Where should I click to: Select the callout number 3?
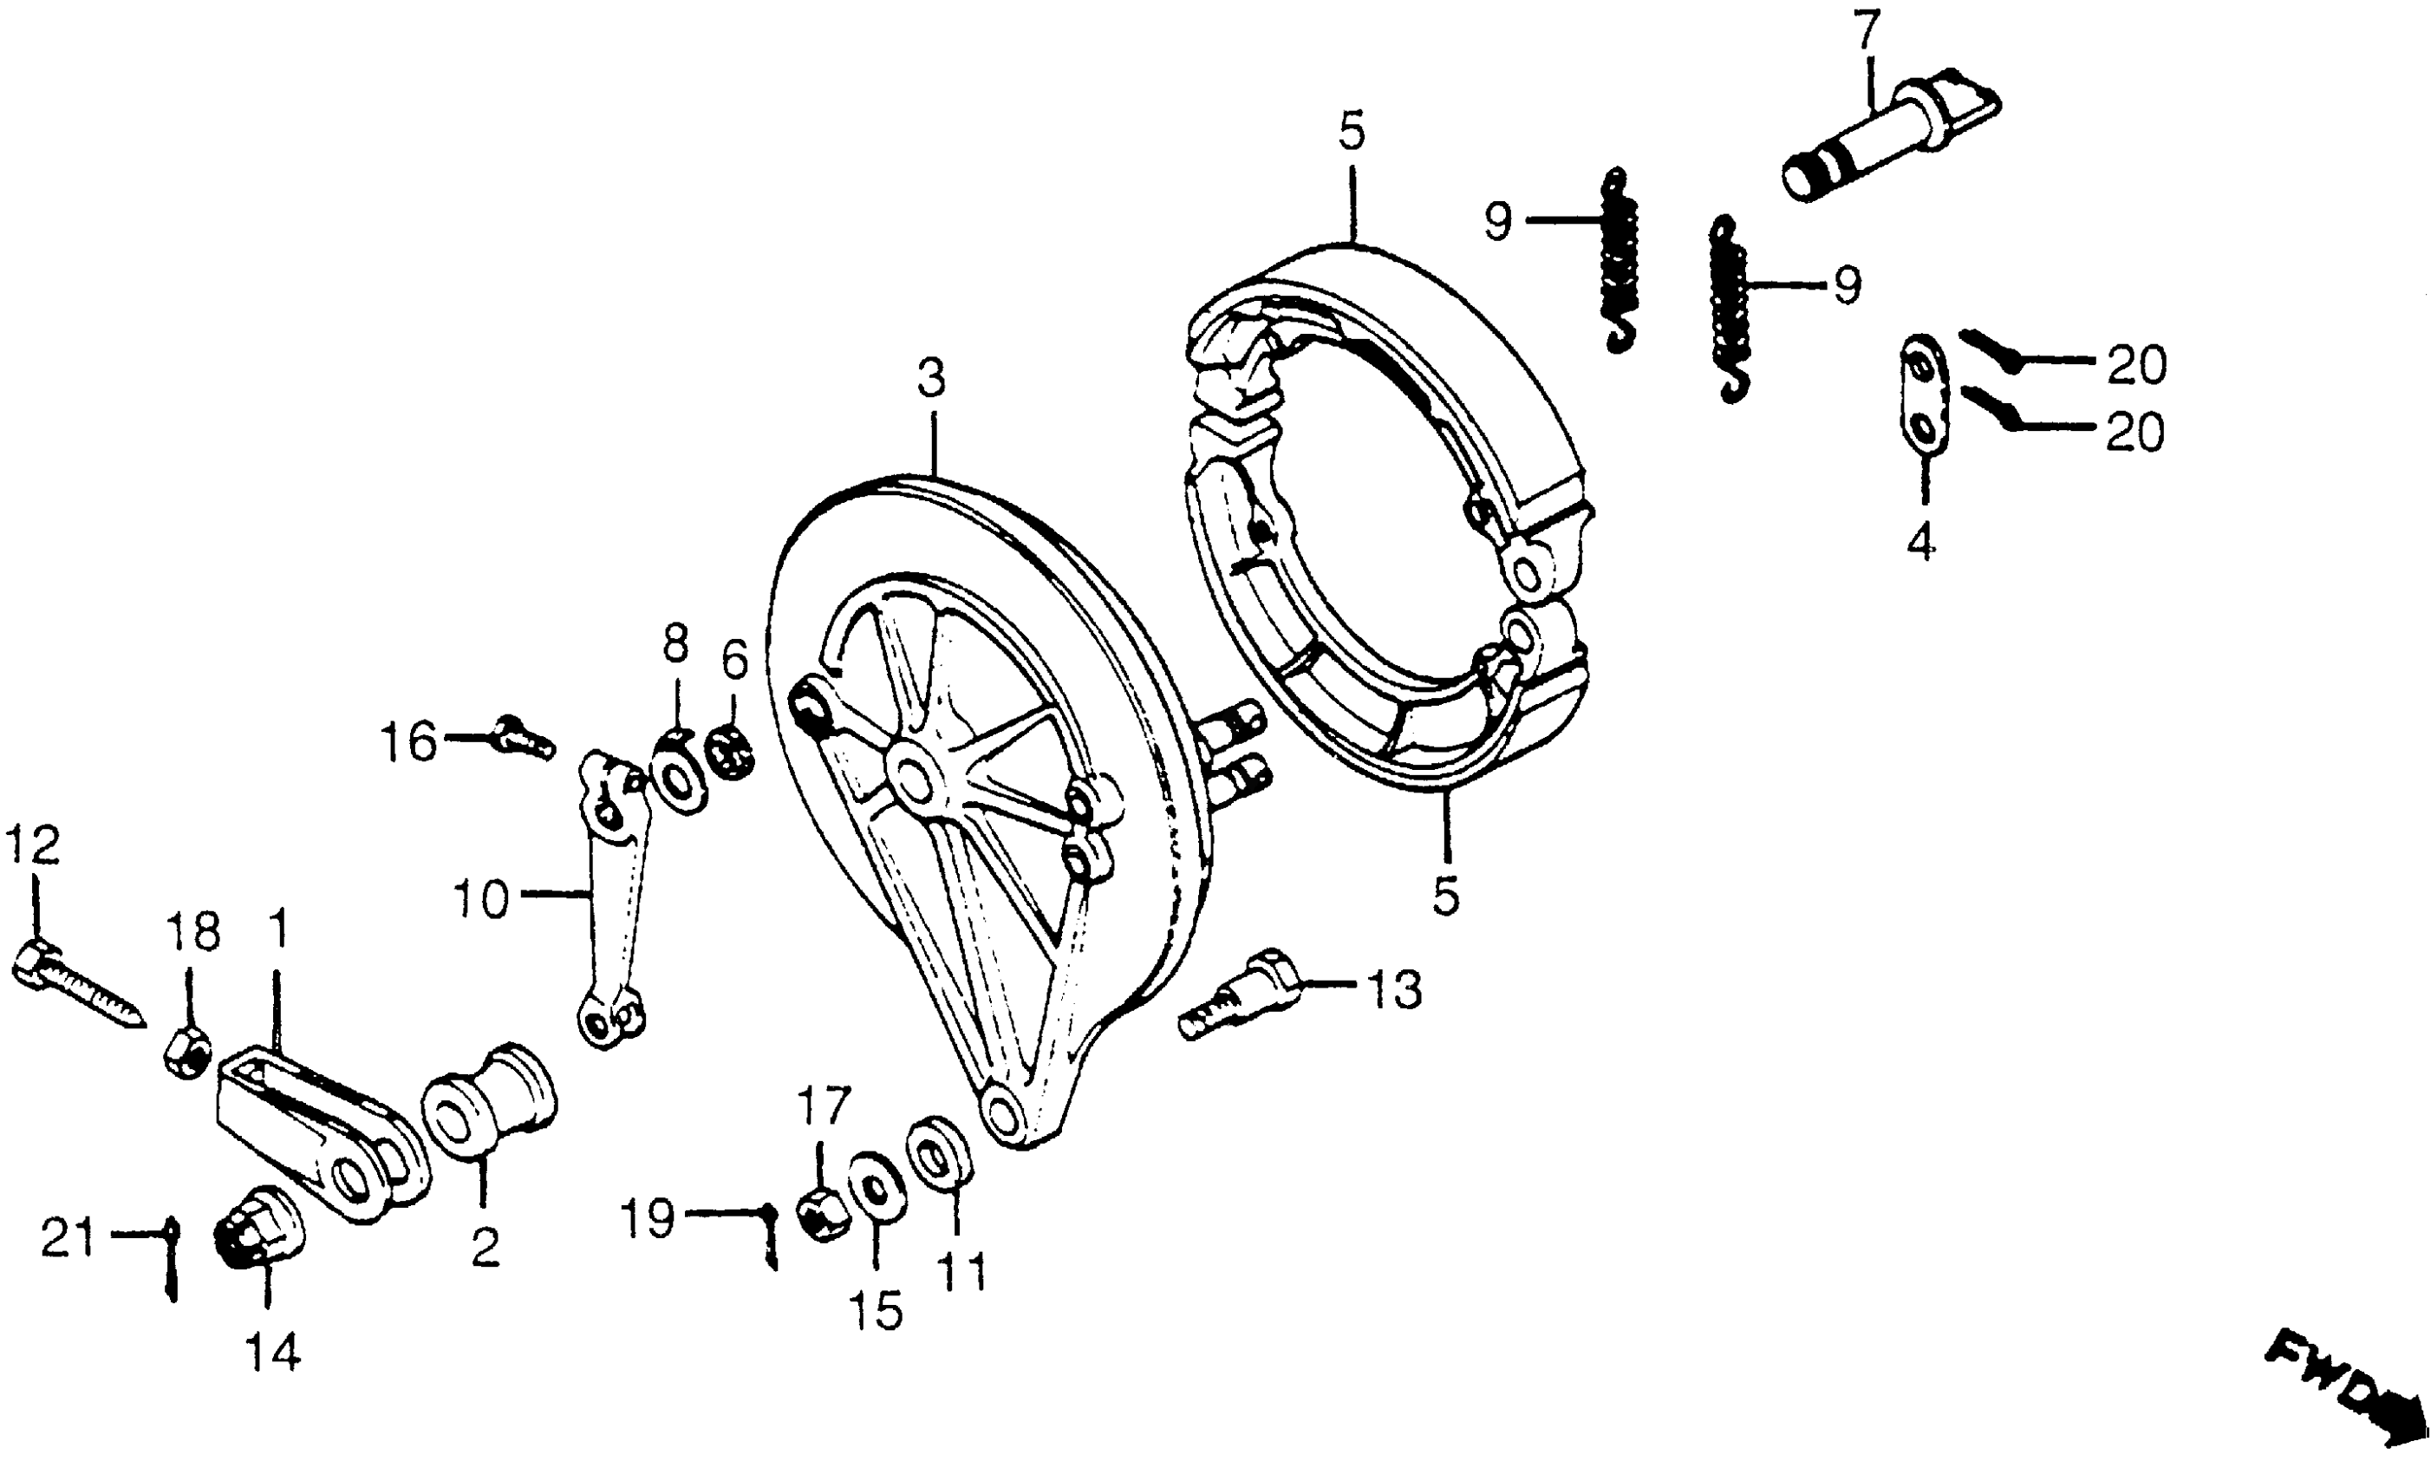[930, 378]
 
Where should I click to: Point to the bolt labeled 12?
[79, 987]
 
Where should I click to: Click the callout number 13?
[1394, 989]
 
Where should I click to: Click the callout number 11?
[962, 1273]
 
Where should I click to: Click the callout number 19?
[648, 1218]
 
